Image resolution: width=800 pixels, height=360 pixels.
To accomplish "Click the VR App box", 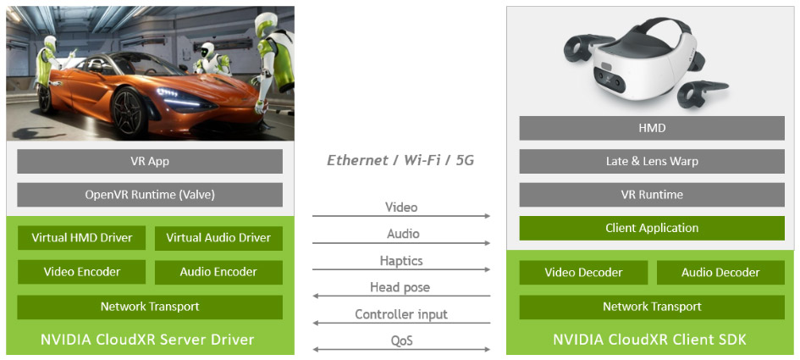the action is click(x=150, y=161).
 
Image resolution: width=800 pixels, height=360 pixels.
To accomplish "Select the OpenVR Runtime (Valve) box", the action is click(x=150, y=195).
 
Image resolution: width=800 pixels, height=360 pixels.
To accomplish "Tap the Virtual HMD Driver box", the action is click(x=81, y=238).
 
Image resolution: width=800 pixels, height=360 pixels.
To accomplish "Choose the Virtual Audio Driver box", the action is click(x=218, y=238).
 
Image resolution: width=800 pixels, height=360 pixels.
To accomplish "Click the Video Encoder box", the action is click(x=81, y=272).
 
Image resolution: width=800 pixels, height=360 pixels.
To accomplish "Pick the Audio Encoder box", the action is click(x=218, y=272).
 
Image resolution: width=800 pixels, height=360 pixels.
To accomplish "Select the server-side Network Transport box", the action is click(x=150, y=307).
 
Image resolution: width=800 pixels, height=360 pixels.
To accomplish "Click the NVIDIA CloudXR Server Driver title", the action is click(x=147, y=339).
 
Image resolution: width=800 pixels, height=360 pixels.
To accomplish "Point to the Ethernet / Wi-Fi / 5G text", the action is click(x=400, y=161).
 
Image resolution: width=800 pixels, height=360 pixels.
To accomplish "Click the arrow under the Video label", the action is click(x=401, y=216).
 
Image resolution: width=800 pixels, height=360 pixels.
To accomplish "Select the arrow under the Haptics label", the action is click(x=401, y=269).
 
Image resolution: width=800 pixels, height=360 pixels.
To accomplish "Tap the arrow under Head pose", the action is click(x=401, y=296).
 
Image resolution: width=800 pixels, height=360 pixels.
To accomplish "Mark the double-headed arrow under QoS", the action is click(x=401, y=349).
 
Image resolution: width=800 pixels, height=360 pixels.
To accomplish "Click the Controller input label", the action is click(x=401, y=314).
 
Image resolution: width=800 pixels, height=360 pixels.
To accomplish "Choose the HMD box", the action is click(x=652, y=128).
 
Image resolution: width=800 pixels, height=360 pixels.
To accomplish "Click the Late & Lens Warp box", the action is click(x=652, y=161).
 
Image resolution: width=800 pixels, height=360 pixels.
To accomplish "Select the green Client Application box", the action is click(x=652, y=228).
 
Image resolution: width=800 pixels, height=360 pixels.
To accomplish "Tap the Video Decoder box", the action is click(x=583, y=273).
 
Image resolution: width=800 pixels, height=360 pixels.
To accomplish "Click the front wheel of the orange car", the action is click(x=128, y=113).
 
